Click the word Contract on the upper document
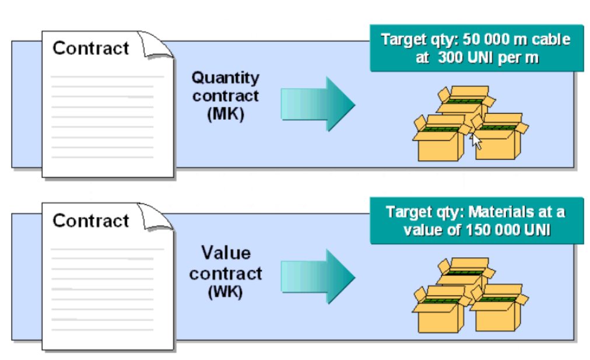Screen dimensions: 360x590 [90, 48]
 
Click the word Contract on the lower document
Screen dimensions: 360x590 [90, 221]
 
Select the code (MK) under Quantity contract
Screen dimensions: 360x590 [225, 114]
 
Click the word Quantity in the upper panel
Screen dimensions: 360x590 [226, 78]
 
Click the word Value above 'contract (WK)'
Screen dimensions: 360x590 [226, 253]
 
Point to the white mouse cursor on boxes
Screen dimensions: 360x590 [476, 141]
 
